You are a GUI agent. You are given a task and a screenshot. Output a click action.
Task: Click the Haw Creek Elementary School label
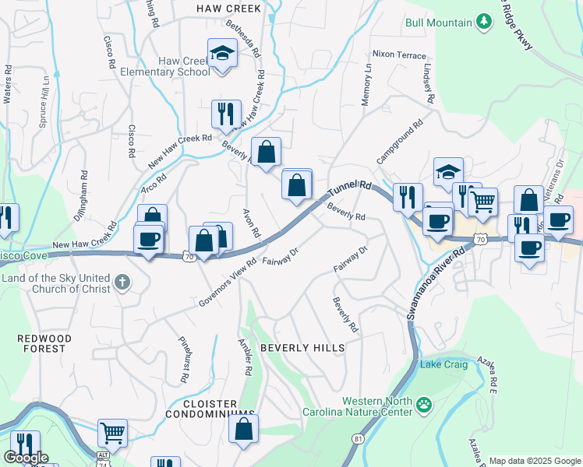165,66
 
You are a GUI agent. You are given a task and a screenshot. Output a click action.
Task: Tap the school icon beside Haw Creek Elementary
223,54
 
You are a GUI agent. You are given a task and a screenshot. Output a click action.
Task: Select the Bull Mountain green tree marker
484,22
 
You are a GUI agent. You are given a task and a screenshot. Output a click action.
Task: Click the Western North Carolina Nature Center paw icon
423,404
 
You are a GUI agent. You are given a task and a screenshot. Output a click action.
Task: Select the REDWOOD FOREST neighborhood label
44,343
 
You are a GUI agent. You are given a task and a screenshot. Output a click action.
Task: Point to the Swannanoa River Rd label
435,282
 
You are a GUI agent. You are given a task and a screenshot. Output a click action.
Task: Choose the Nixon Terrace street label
399,55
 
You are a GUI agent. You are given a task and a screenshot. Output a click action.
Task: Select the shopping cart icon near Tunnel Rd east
483,202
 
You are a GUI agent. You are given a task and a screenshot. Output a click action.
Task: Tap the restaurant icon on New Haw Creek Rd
226,113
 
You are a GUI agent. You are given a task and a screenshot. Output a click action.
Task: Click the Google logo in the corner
26,458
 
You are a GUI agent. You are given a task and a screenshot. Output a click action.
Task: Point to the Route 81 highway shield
358,439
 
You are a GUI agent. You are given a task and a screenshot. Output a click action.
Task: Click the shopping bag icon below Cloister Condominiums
244,429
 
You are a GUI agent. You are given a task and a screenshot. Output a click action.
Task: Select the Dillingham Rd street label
80,196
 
